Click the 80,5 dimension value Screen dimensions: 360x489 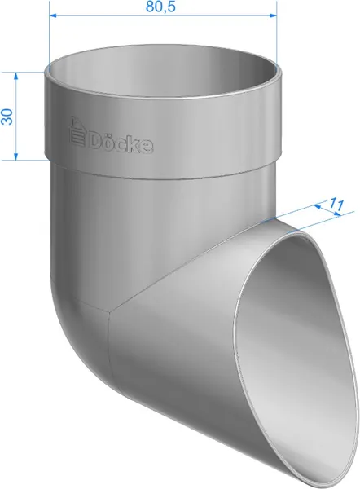click(x=160, y=7)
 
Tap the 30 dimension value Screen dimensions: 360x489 click(x=7, y=117)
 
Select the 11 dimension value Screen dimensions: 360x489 click(x=336, y=205)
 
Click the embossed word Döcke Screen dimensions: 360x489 click(x=121, y=143)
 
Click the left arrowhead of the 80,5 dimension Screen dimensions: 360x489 click(x=53, y=15)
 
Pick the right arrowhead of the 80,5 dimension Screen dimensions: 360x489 click(x=273, y=15)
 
